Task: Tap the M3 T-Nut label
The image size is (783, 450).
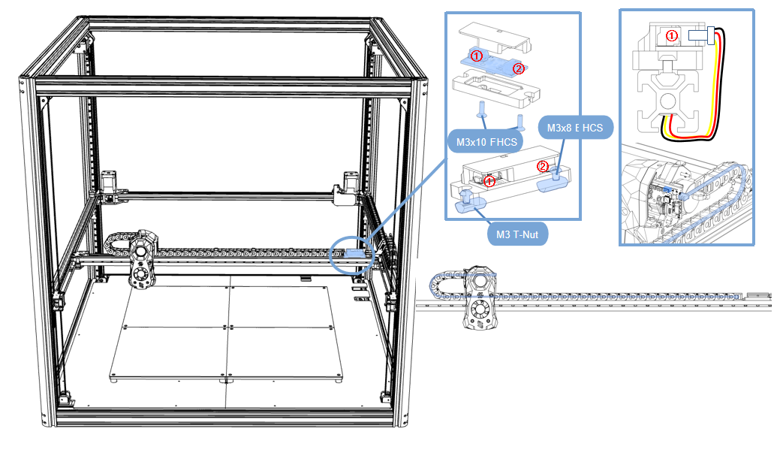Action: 517,234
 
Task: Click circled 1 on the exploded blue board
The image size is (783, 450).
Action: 476,55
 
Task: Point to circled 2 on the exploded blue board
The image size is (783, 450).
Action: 517,68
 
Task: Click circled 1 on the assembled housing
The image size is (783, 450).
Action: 489,180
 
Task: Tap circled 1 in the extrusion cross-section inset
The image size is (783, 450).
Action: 672,35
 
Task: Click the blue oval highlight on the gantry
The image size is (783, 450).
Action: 351,255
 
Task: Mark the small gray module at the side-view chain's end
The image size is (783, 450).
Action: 758,295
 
